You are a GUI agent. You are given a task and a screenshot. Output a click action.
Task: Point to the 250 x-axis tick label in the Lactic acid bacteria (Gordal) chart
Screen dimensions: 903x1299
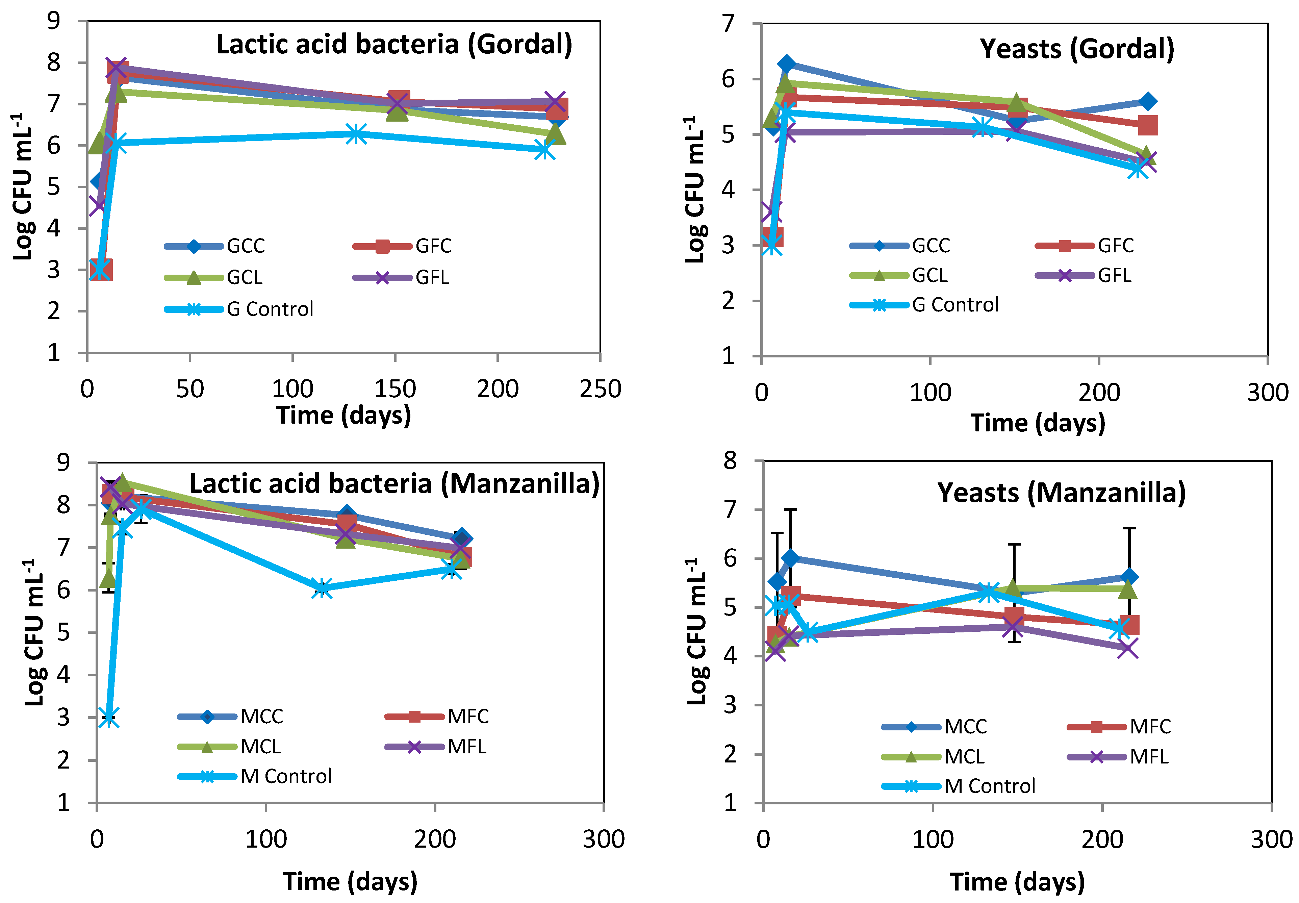point(600,389)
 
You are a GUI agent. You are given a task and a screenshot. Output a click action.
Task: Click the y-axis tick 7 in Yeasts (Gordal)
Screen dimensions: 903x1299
point(729,24)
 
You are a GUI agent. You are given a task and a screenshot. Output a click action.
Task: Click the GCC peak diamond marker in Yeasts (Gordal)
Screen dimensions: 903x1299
point(786,64)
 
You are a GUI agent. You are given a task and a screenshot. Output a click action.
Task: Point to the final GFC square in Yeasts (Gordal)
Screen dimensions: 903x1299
point(1147,125)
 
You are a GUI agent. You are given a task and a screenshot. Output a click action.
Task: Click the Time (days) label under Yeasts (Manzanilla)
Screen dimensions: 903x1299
point(1016,881)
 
